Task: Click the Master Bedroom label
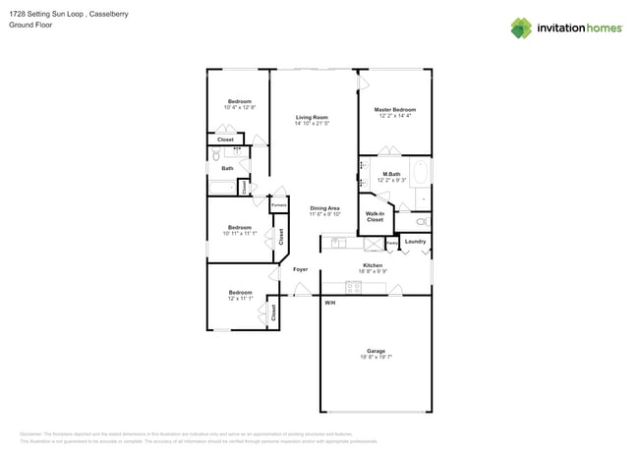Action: pyautogui.click(x=389, y=109)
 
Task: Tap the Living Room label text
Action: pyautogui.click(x=312, y=118)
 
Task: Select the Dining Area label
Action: pyautogui.click(x=324, y=207)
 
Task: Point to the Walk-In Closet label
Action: pyautogui.click(x=375, y=216)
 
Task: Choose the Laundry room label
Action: pyautogui.click(x=415, y=241)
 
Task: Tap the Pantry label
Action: pyautogui.click(x=391, y=242)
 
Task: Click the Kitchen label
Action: pyautogui.click(x=373, y=265)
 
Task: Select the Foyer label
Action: pyautogui.click(x=300, y=268)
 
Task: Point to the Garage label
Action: pyautogui.click(x=376, y=350)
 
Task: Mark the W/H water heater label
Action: pyautogui.click(x=329, y=303)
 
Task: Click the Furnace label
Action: pyautogui.click(x=278, y=204)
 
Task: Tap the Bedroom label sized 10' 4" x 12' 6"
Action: pyautogui.click(x=239, y=101)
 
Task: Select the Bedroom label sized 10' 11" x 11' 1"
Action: pyautogui.click(x=240, y=227)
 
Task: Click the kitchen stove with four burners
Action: pyautogui.click(x=353, y=287)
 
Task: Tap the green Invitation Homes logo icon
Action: pyautogui.click(x=521, y=28)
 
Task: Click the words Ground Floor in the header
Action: pyautogui.click(x=31, y=25)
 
